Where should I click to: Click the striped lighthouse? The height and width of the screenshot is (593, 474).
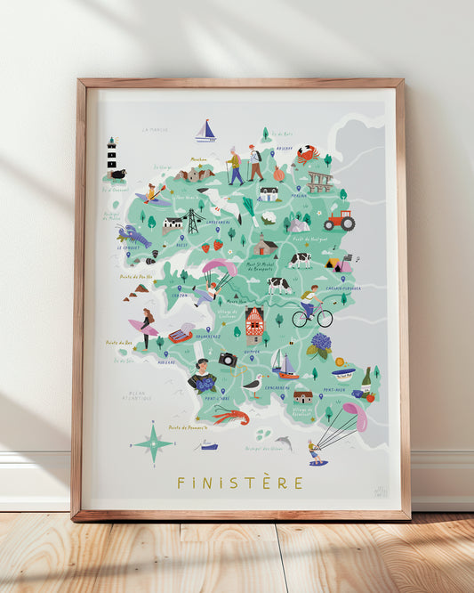tap(112, 155)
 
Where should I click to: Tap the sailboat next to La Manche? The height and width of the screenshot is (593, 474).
tap(206, 132)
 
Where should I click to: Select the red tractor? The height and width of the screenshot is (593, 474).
tap(339, 221)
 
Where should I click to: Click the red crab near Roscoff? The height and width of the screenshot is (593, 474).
tap(308, 153)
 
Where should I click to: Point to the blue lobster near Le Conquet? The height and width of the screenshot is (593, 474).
tap(133, 236)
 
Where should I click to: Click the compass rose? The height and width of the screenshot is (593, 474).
tap(153, 442)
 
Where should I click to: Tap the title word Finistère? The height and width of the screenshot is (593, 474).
tap(239, 483)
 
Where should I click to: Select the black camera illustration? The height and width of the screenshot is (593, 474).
tap(228, 359)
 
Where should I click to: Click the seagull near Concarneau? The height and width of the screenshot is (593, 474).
tap(255, 386)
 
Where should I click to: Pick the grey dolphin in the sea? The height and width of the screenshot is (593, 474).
tap(283, 443)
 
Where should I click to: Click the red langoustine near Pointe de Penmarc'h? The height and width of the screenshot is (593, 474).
tap(230, 415)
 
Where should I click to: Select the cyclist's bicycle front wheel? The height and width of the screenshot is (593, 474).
tap(325, 317)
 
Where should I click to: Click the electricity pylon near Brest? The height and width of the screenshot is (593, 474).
tap(192, 221)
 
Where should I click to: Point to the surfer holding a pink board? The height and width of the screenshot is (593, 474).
tap(145, 328)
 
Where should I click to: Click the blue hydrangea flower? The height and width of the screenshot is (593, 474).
tap(321, 343)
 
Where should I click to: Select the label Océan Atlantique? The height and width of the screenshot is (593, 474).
tap(137, 395)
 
